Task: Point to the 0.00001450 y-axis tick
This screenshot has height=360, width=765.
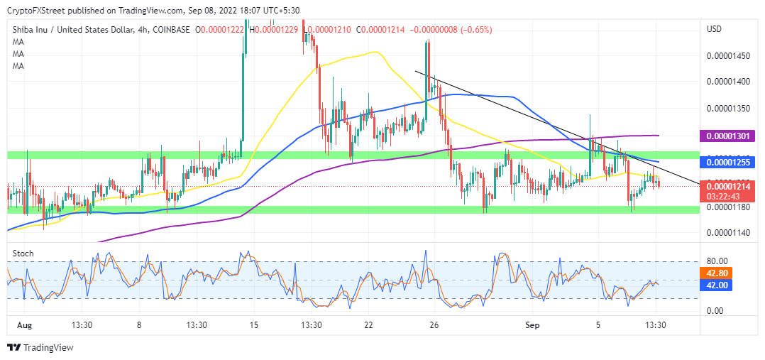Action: pyautogui.click(x=728, y=55)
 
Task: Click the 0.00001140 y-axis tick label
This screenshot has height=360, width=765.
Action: pyautogui.click(x=728, y=231)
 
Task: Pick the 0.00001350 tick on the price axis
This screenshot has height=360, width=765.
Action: pyautogui.click(x=728, y=109)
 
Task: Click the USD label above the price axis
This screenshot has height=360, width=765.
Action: pyautogui.click(x=714, y=29)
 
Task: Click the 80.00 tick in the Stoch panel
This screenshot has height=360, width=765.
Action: pyautogui.click(x=718, y=261)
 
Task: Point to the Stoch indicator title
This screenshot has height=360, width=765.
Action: pyautogui.click(x=23, y=253)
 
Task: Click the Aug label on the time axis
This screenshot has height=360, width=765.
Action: pyautogui.click(x=25, y=325)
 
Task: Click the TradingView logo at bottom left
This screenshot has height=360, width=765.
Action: pyautogui.click(x=40, y=348)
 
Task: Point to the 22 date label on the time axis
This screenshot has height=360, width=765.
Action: pyautogui.click(x=368, y=325)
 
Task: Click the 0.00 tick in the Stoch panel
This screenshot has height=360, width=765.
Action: pyautogui.click(x=716, y=311)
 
